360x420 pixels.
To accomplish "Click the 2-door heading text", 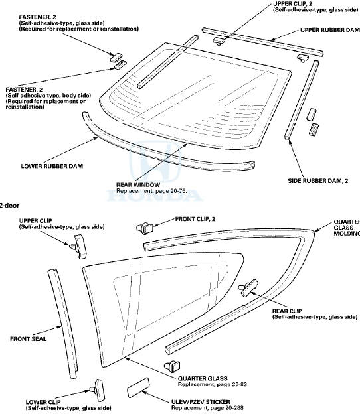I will [x=11, y=206].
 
